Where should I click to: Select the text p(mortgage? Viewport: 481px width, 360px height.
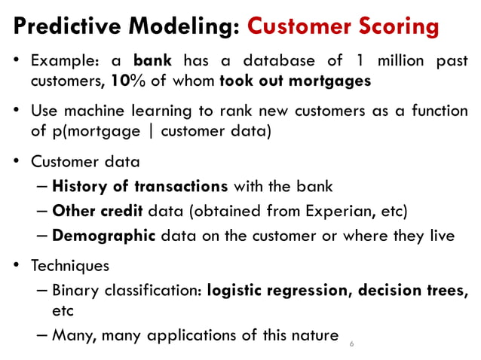click(90, 131)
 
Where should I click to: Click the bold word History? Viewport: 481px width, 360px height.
click(80, 186)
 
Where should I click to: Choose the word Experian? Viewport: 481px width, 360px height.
click(352, 211)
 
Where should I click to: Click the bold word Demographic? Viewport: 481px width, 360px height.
click(104, 236)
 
